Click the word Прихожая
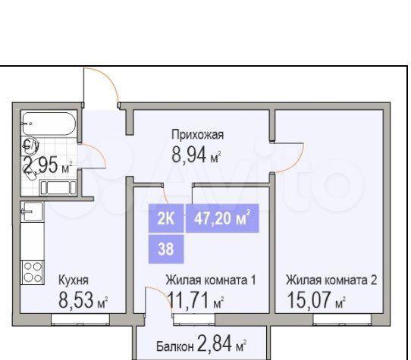click(198, 135)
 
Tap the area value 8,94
click(189, 155)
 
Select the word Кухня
click(74, 280)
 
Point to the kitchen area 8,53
click(76, 299)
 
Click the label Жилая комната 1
click(211, 280)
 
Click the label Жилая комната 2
click(331, 280)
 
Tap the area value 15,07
click(309, 299)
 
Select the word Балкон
click(175, 346)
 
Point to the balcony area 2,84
click(215, 343)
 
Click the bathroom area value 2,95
click(41, 164)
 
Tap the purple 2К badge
click(166, 218)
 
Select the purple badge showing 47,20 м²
click(222, 218)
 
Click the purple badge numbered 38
click(166, 249)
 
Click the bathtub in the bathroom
click(49, 124)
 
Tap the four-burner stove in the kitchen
click(33, 273)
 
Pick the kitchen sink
click(32, 211)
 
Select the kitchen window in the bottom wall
click(80, 319)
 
